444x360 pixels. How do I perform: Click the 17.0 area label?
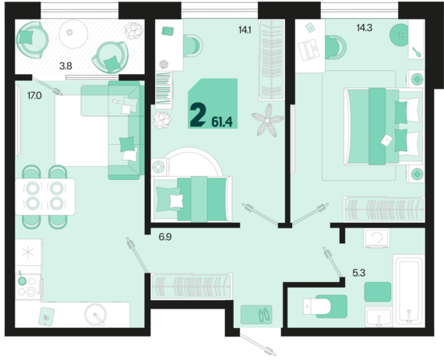[34, 96]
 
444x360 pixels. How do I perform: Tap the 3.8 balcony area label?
[65, 66]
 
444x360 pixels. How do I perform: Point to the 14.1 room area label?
[245, 30]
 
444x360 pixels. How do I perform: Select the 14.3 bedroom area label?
[365, 28]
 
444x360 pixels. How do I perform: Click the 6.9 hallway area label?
[165, 237]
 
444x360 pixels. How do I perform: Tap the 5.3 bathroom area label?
[359, 273]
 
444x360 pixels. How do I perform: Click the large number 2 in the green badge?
[198, 115]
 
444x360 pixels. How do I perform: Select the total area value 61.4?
[222, 122]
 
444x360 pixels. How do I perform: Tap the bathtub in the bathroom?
[409, 289]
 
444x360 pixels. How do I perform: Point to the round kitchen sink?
[96, 314]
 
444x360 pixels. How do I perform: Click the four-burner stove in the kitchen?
[28, 286]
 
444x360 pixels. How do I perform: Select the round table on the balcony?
[73, 34]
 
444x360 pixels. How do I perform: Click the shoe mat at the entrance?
[256, 315]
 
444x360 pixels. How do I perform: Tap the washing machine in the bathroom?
[377, 238]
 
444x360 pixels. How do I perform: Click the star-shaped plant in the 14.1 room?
[267, 120]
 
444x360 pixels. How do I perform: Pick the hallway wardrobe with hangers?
[192, 286]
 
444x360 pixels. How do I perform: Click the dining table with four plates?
[45, 196]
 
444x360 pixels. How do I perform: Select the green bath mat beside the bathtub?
[378, 291]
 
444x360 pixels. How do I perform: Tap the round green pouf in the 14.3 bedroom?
[400, 35]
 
